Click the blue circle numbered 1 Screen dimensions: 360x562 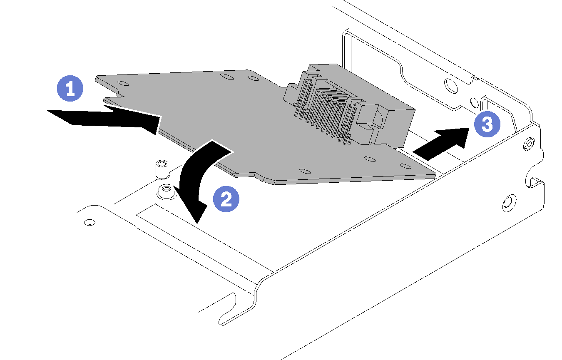coord(70,89)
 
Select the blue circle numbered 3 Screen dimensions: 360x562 coord(486,125)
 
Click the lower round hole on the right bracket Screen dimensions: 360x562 coord(507,202)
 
